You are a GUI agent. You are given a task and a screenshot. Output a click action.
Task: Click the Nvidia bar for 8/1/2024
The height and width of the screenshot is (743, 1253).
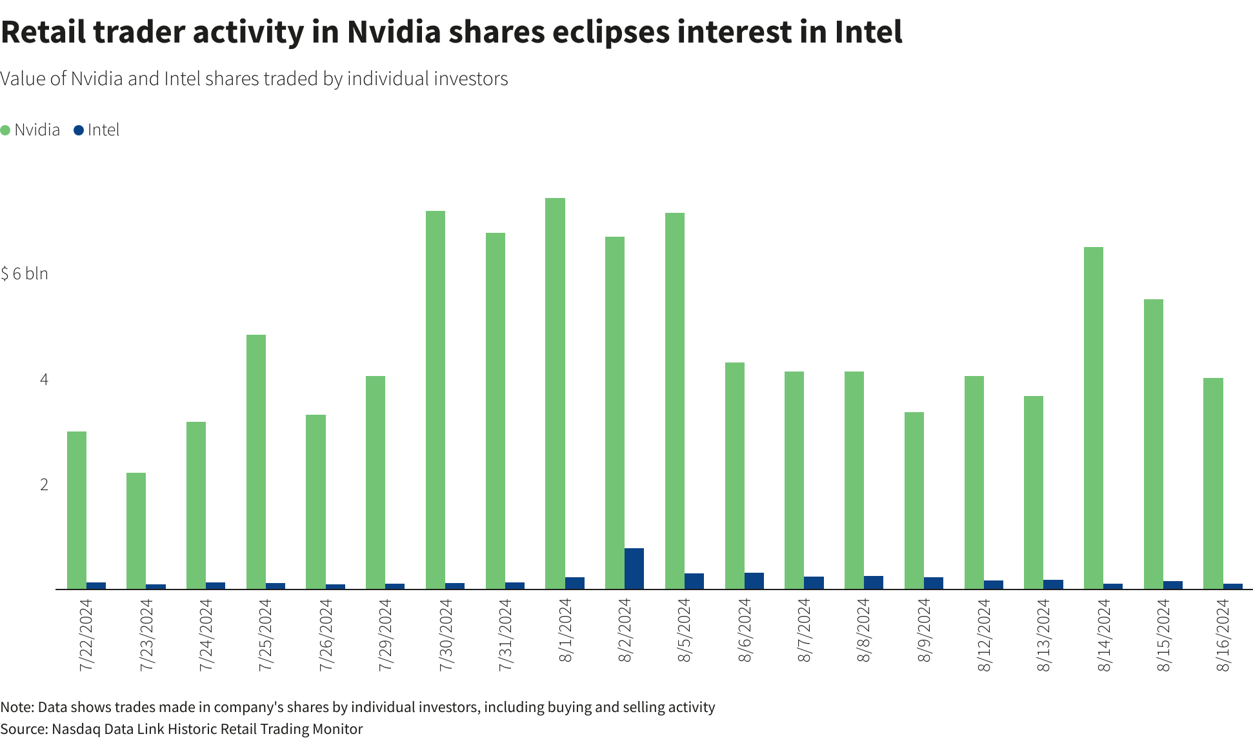(x=555, y=393)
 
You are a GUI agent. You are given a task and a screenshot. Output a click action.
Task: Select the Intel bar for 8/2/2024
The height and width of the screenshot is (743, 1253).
(x=634, y=568)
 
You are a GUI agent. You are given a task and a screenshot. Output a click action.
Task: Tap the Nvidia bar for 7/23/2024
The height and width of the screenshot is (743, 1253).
(x=136, y=531)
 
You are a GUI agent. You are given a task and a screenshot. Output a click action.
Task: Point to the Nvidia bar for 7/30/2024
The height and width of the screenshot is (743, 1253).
(x=436, y=400)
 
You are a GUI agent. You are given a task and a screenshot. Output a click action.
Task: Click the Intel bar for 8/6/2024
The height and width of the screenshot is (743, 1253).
(x=754, y=580)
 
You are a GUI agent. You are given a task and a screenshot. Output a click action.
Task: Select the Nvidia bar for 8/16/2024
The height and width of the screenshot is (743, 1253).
(x=1213, y=484)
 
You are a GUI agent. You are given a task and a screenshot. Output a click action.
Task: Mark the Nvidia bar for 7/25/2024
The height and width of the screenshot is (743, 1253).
(x=256, y=462)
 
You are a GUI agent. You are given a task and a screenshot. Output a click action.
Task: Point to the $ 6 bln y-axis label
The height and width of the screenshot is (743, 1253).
(x=25, y=274)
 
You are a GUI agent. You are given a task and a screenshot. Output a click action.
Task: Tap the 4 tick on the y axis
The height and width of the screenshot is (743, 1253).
(x=44, y=379)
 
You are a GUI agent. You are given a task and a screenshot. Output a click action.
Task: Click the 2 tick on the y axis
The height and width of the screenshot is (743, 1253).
(x=44, y=485)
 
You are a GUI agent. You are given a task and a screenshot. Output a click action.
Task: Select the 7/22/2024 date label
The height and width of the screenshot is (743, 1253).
(x=86, y=635)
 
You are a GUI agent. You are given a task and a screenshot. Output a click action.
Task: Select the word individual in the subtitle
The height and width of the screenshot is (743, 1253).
(x=388, y=79)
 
